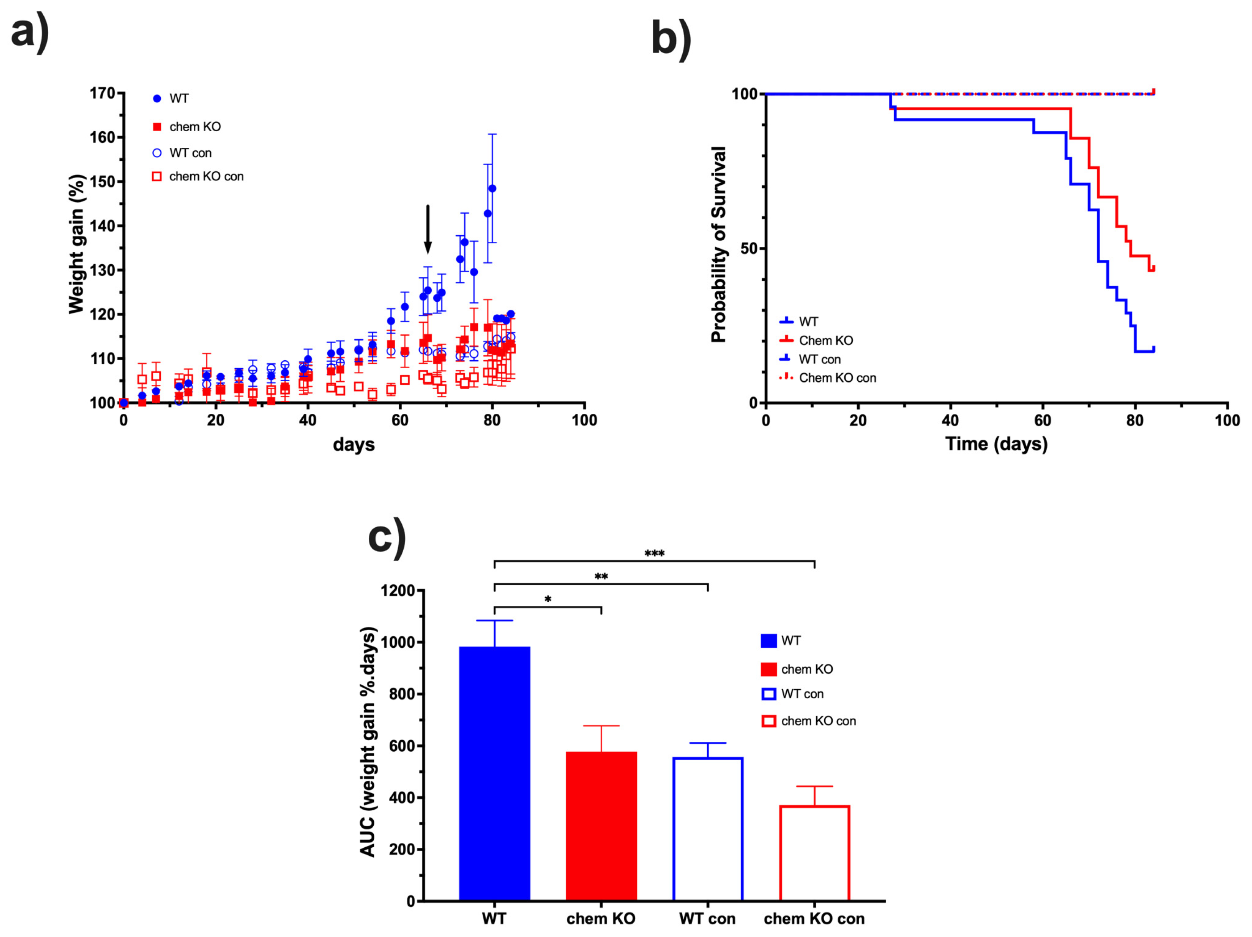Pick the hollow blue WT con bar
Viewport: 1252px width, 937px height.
[x=708, y=829]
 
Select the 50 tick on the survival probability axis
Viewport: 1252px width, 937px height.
[x=748, y=248]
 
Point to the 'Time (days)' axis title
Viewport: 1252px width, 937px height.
[x=996, y=444]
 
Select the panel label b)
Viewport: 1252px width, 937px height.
[x=671, y=38]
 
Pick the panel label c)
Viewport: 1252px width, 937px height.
[x=387, y=537]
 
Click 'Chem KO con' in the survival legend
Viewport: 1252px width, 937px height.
[x=837, y=378]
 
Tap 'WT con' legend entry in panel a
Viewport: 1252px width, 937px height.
[x=190, y=153]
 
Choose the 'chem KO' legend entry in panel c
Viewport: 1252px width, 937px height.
[x=806, y=669]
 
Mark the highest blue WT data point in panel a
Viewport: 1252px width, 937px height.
[x=492, y=188]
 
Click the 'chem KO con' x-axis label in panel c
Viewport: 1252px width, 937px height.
[x=814, y=919]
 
